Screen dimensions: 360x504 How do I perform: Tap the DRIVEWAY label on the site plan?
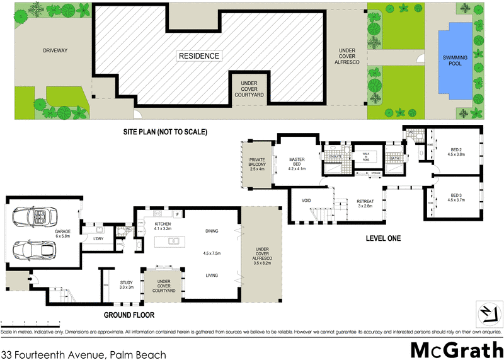(x=55, y=50)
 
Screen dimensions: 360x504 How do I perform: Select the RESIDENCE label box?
(x=199, y=56)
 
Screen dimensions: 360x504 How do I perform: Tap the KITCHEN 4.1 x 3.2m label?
(x=158, y=225)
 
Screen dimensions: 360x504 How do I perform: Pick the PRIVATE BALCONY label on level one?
(x=258, y=164)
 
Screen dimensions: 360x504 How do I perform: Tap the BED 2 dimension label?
(x=455, y=152)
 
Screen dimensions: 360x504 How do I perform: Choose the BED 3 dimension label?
(x=455, y=197)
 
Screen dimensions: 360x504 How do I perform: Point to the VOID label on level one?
(x=307, y=201)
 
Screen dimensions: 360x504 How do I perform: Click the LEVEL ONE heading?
(x=383, y=239)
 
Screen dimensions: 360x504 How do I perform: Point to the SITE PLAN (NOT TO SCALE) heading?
(x=165, y=132)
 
